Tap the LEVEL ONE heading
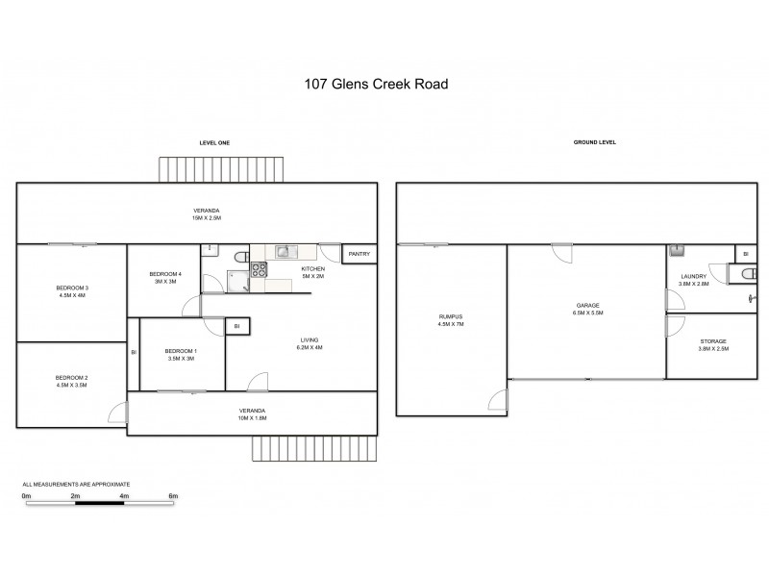pos(213,142)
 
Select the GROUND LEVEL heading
pos(594,142)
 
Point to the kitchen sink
pos(285,253)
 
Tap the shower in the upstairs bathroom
pos(236,279)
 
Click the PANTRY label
pos(360,255)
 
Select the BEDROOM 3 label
pos(72,288)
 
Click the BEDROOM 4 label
pos(164,274)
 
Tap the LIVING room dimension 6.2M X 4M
pos(309,348)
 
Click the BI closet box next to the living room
pos(236,327)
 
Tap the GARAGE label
pos(588,305)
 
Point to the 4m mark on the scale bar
pos(125,495)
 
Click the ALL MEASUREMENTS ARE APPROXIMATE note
pos(76,484)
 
